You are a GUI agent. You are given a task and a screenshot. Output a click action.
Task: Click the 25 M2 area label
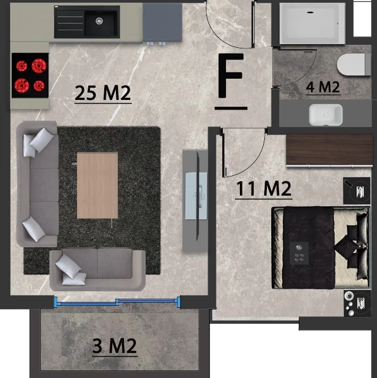[103, 93]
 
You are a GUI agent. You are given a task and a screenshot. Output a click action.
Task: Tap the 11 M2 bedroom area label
[263, 189]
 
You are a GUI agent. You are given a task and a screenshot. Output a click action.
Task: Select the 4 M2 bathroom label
[323, 87]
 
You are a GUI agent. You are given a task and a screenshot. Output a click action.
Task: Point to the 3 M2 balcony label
[114, 346]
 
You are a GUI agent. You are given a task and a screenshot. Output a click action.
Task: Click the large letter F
[231, 75]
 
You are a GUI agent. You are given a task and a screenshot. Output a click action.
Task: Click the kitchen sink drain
[99, 21]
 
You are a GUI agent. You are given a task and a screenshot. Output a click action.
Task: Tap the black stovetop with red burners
[30, 75]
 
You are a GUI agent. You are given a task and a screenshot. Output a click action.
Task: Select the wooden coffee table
[97, 185]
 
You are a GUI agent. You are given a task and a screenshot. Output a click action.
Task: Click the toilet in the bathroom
[354, 65]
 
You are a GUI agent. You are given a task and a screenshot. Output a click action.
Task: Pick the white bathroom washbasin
[325, 115]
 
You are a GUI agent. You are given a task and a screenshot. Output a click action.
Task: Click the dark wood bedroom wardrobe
[330, 150]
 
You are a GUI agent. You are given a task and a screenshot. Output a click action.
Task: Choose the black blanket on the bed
[308, 248]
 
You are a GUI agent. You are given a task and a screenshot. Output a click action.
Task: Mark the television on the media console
[198, 196]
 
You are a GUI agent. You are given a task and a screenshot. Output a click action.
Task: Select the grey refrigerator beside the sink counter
[163, 22]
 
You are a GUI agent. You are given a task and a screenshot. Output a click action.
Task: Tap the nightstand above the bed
[357, 190]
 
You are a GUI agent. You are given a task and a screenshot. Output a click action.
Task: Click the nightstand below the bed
[357, 304]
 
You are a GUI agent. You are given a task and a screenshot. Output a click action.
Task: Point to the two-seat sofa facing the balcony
[97, 270]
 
